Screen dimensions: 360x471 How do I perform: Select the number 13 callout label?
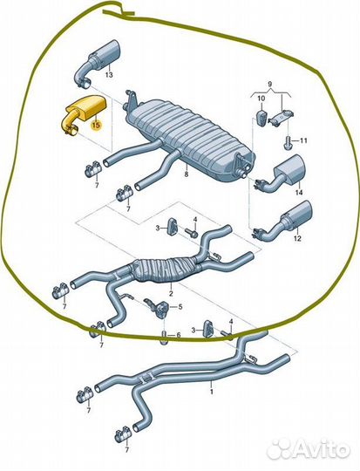click(109, 74)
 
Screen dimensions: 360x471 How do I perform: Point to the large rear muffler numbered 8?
click(189, 138)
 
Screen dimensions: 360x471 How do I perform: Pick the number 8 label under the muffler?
click(187, 174)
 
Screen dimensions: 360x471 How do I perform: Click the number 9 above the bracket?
click(269, 83)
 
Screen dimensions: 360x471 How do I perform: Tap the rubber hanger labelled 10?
click(262, 118)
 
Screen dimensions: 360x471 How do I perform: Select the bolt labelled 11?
click(288, 142)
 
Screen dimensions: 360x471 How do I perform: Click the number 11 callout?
click(303, 140)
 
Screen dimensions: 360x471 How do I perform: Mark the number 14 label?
click(299, 192)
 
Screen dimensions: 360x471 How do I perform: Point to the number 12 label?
click(297, 239)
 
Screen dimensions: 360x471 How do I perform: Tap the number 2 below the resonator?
click(171, 293)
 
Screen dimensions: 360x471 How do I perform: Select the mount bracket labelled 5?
click(160, 308)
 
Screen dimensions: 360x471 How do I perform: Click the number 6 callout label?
click(179, 335)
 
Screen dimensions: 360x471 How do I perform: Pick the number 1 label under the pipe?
click(212, 392)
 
